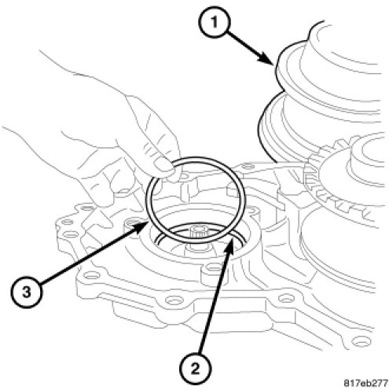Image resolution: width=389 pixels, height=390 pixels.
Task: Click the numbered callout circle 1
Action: point(215,23)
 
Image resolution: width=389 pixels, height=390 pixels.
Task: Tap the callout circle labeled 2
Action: point(195,369)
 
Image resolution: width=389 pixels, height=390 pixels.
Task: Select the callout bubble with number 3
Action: point(26,292)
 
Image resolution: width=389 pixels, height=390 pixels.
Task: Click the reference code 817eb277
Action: point(365,383)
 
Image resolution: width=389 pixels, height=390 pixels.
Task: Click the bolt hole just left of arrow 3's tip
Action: point(131,223)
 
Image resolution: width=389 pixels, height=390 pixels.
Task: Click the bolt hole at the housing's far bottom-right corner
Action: point(361,341)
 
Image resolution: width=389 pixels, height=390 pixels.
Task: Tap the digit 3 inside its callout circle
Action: point(26,292)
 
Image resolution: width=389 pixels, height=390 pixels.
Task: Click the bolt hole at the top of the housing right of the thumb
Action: point(246,166)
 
